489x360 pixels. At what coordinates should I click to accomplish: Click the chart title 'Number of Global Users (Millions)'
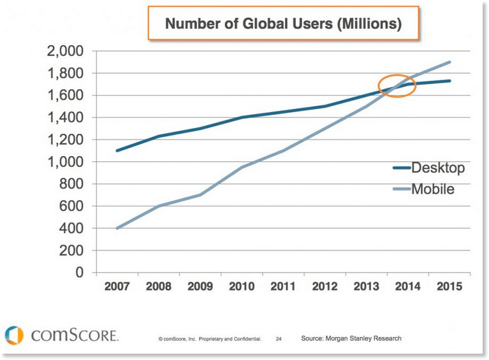pyautogui.click(x=283, y=25)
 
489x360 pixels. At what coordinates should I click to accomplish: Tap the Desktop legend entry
pyautogui.click(x=428, y=168)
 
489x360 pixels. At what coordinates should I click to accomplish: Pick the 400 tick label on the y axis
pyautogui.click(x=75, y=228)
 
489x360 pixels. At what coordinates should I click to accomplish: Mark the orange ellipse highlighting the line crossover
pyautogui.click(x=397, y=85)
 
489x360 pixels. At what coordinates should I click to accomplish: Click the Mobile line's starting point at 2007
pyautogui.click(x=117, y=228)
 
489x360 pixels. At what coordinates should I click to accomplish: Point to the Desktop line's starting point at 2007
pyautogui.click(x=117, y=150)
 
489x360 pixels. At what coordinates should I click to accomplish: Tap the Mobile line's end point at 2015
pyautogui.click(x=450, y=62)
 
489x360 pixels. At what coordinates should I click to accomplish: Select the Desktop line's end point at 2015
pyautogui.click(x=450, y=81)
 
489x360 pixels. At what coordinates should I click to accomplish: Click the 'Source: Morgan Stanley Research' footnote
pyautogui.click(x=351, y=338)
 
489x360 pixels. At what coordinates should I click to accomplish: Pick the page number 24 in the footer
pyautogui.click(x=279, y=339)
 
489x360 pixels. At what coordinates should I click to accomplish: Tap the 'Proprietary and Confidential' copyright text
pyautogui.click(x=210, y=339)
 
